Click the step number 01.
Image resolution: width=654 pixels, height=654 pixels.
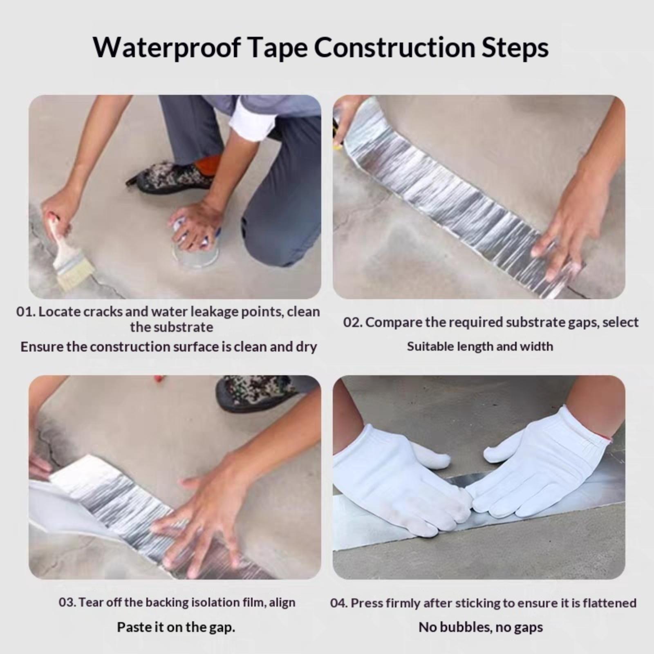click(25, 312)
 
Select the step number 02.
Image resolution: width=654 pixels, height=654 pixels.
click(352, 323)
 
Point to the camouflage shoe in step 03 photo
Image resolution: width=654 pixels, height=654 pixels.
click(258, 392)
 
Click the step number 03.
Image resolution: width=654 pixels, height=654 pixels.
click(67, 602)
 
